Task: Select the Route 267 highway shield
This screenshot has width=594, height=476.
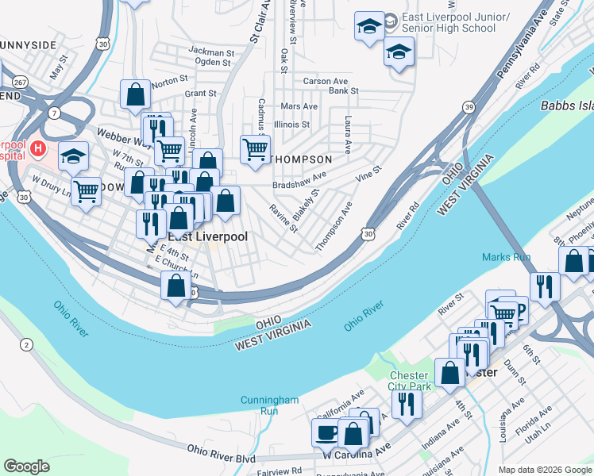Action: [x=20, y=81]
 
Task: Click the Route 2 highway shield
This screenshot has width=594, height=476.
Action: [x=27, y=344]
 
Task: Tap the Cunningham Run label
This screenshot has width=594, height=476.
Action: [x=269, y=405]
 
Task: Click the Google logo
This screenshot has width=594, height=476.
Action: [x=26, y=466]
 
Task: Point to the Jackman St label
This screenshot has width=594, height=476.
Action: [x=210, y=51]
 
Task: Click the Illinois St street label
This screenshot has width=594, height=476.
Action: [x=291, y=125]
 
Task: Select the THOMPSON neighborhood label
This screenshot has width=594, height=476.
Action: [x=301, y=159]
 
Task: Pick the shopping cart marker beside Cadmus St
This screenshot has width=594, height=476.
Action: [x=255, y=148]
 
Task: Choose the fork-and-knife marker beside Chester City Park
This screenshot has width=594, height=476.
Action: [x=407, y=403]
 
